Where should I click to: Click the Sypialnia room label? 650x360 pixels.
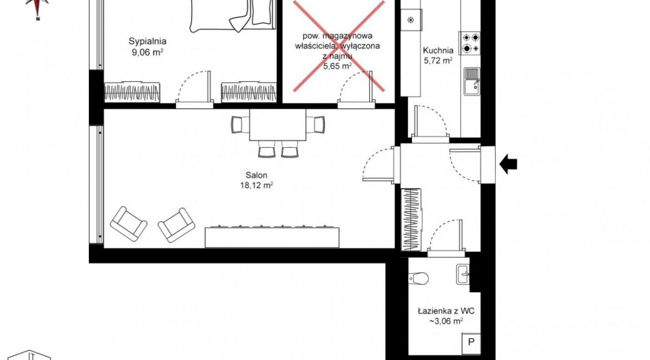pos(148,42)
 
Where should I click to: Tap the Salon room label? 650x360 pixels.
pos(256,176)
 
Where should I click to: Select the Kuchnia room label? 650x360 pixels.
pos(438,51)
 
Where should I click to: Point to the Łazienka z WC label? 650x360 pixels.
pos(446,311)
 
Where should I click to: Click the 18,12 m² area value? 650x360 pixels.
pos(256,186)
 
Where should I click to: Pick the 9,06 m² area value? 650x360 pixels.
pos(148,52)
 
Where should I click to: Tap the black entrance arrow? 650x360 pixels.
pos(508,164)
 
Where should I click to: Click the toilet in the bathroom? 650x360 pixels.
pos(419,278)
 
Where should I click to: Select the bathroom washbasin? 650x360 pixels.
pos(463,275)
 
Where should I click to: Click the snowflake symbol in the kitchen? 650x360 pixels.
pos(411,20)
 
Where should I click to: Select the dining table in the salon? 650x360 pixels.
pos(278,125)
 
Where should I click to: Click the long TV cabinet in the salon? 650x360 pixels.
pos(272,237)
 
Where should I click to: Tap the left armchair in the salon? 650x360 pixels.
pos(128,224)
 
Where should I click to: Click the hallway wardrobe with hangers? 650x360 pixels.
pos(411,219)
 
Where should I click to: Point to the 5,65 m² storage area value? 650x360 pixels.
pos(337,66)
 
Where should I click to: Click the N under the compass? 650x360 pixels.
pos(38,19)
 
